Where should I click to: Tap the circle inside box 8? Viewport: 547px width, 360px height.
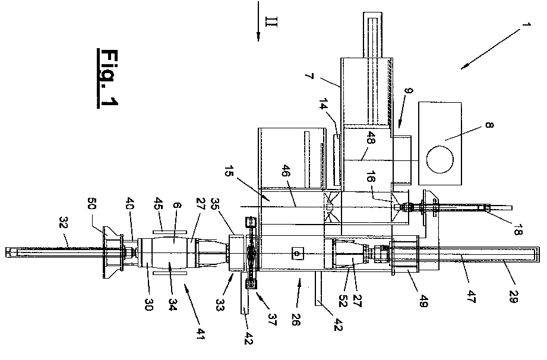(x=440, y=157)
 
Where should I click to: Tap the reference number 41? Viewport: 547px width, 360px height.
(x=199, y=340)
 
